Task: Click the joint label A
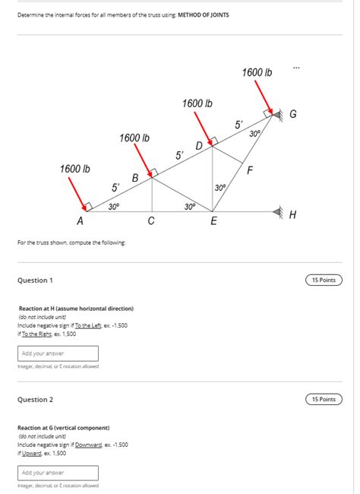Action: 80,221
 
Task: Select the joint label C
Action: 151,221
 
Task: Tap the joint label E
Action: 213,221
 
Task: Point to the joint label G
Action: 293,114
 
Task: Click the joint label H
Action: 293,215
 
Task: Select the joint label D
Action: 199,145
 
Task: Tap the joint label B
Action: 135,178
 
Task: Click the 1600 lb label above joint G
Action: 257,72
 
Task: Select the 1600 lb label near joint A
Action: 75,168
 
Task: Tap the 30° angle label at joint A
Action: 113,206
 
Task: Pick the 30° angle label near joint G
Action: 255,133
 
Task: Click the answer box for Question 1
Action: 58,353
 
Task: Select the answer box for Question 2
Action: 58,473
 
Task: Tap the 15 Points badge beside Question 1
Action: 324,280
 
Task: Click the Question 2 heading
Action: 35,400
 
